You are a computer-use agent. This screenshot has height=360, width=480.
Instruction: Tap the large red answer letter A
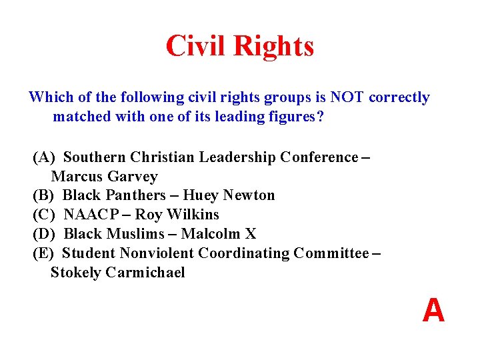[x=433, y=311]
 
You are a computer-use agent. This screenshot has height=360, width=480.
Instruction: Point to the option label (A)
[x=44, y=157]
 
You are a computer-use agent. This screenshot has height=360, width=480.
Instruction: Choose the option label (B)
[x=44, y=195]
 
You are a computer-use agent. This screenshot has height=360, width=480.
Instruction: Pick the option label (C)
[x=44, y=215]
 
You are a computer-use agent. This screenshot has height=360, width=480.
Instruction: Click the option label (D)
[x=44, y=234]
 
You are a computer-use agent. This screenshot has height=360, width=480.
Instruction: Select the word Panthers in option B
[x=139, y=195]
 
